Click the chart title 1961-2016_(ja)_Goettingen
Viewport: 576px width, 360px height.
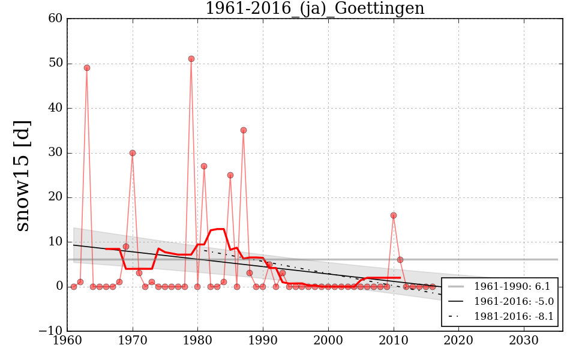tap(314, 9)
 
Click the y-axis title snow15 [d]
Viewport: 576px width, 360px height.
tap(22, 175)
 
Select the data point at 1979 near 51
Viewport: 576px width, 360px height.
tap(191, 59)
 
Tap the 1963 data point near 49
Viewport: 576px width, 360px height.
tap(87, 68)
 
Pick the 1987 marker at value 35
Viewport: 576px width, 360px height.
tap(244, 130)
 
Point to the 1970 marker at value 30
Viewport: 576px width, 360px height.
tap(133, 153)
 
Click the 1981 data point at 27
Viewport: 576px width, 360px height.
tap(204, 166)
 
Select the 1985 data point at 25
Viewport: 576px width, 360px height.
tap(230, 175)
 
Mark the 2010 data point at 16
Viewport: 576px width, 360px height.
tap(394, 215)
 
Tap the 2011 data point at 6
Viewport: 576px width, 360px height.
tap(400, 260)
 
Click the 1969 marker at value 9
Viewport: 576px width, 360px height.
tap(126, 247)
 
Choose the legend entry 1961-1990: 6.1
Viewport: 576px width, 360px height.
tap(514, 286)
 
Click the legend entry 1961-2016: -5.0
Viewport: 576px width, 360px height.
tap(514, 301)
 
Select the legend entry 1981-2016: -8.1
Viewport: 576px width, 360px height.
tap(514, 316)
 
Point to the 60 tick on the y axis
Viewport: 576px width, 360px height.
tap(55, 19)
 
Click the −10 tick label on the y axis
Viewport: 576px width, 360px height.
tap(50, 331)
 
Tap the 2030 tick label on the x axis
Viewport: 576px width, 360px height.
tap(524, 340)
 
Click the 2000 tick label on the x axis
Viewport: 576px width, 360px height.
tap(328, 340)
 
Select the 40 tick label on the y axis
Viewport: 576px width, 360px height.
tap(55, 108)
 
